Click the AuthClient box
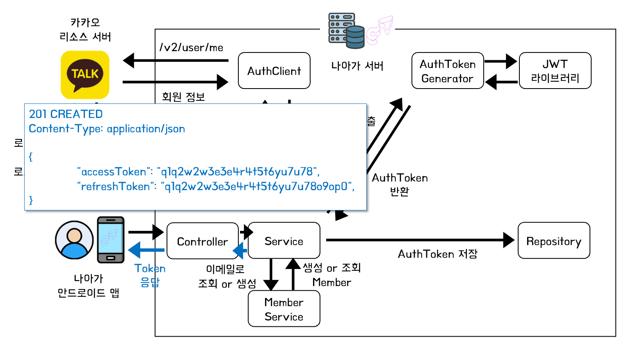point(274,71)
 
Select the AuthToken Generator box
point(448,71)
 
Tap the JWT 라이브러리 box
point(555,71)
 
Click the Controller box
point(202,241)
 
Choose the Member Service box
point(284,309)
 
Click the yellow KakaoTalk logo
point(85,75)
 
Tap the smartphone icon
point(110,240)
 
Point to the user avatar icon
point(74,240)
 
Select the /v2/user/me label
point(191,48)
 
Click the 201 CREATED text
point(66,114)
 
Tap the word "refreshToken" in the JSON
point(115,187)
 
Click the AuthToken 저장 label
point(437,254)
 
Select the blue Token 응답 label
point(150,275)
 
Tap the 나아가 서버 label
point(357,66)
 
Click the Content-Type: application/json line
point(107,129)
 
